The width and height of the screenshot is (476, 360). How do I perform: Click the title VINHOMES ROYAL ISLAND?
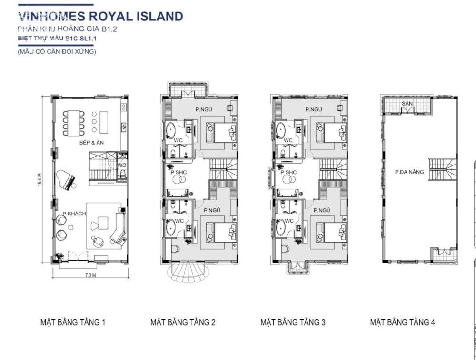tap(100, 16)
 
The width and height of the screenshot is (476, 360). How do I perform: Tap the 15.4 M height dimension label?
tap(40, 179)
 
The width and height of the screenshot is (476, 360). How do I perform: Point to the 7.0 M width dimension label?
tap(90, 275)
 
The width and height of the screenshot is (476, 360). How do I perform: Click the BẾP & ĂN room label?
tap(91, 142)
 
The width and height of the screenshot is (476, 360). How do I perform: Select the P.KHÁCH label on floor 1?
tap(74, 214)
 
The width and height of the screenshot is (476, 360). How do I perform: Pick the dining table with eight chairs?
tap(73, 123)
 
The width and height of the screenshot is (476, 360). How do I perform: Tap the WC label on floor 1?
tap(121, 165)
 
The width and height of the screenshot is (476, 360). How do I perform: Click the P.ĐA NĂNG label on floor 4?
tap(409, 172)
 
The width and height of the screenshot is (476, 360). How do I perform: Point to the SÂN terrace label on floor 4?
tap(407, 103)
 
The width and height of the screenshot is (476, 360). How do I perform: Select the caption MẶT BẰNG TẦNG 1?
tap(73, 322)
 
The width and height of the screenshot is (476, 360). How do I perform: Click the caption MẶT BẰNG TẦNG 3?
tap(293, 322)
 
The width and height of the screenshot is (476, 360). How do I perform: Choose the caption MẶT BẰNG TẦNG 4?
tap(402, 322)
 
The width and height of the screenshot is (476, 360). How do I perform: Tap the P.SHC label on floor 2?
tap(178, 172)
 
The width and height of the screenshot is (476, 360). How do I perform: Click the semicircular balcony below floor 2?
tap(186, 272)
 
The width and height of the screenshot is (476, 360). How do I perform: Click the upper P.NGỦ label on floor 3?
tap(314, 109)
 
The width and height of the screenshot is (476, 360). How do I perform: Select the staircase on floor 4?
tap(442, 169)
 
